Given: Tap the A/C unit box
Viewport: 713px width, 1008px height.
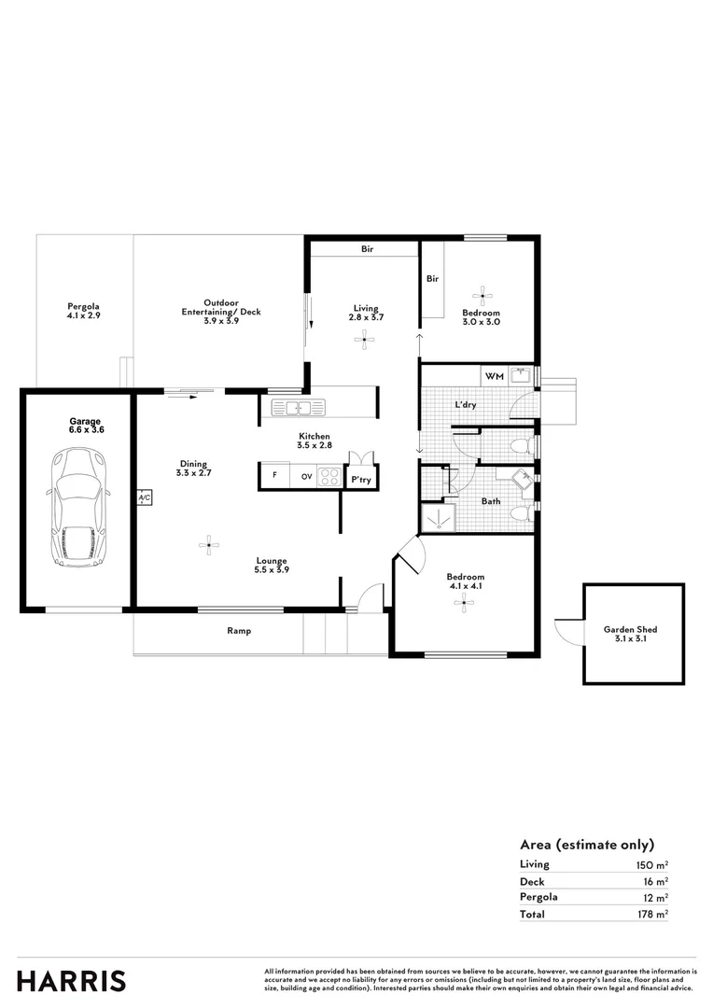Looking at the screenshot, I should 145,498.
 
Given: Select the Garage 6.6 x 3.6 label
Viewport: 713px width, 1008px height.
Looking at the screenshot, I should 85,426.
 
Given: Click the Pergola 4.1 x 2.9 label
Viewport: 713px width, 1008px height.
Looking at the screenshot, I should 83,311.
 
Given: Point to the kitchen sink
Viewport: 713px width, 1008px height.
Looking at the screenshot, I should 298,407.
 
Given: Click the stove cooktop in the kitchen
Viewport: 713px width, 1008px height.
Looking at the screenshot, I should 329,476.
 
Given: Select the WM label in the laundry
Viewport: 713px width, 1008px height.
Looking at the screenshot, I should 494,376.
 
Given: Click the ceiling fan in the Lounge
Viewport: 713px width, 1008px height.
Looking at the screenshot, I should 210,543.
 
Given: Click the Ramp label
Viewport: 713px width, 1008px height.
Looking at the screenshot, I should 239,631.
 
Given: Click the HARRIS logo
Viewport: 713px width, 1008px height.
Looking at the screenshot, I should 71,981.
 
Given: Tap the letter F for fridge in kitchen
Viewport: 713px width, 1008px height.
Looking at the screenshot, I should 274,476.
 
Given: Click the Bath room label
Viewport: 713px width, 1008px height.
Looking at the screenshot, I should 491,501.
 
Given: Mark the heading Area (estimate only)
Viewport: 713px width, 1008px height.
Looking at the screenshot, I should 586,844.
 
